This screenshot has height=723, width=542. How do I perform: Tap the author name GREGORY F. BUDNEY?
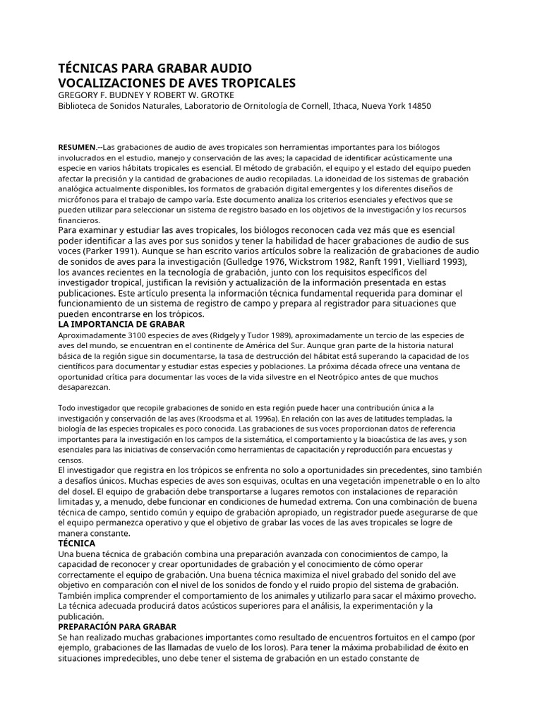103,95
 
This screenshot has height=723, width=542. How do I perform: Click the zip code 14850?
416,107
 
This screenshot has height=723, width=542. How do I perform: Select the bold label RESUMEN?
80,146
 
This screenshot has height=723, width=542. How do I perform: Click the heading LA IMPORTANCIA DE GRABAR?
121,324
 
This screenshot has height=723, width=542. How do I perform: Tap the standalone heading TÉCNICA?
77,544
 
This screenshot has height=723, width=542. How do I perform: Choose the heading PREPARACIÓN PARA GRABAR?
117,627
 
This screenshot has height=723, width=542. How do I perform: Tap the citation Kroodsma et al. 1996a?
230,418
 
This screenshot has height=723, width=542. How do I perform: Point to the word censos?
68,460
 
